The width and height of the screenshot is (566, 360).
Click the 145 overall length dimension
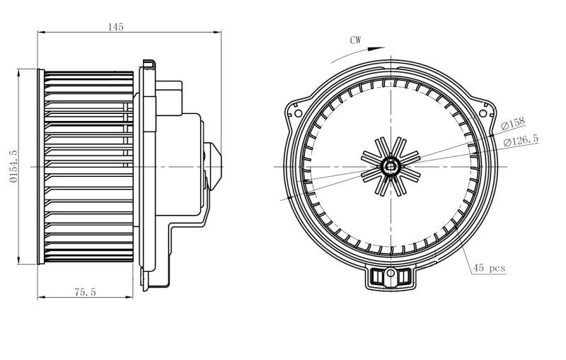point(116,27)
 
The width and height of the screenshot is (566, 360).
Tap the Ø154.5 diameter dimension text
point(13,167)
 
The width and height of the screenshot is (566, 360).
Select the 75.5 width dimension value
point(85,292)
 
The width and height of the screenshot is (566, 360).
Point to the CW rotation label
point(355,40)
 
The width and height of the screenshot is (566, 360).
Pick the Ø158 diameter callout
point(512,123)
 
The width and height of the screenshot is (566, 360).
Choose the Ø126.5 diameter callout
point(521,139)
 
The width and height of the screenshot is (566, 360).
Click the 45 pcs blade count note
point(489,267)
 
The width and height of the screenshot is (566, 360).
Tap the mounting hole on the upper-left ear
point(298,113)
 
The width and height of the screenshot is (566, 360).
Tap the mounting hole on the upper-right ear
point(483,114)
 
